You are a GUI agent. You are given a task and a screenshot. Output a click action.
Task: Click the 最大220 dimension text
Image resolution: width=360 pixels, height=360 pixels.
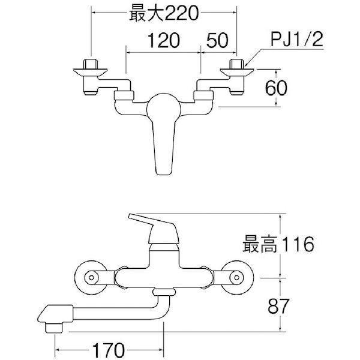click(x=164, y=13)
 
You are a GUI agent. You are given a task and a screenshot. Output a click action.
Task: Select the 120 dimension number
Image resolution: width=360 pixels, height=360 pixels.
click(x=164, y=41)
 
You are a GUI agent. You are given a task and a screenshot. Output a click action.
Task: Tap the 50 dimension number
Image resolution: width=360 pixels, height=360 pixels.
click(x=217, y=41)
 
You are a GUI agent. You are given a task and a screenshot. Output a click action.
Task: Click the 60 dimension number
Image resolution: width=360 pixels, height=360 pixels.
click(x=276, y=88)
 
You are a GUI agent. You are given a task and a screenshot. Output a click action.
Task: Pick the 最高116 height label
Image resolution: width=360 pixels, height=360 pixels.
click(x=278, y=244)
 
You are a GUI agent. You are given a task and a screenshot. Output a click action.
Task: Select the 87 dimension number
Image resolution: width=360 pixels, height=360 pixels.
click(x=278, y=307)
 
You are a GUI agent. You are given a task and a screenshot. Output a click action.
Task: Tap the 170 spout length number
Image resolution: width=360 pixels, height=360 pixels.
click(x=109, y=350)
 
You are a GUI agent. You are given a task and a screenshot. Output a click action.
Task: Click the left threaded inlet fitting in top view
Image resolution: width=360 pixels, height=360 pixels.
click(x=90, y=64)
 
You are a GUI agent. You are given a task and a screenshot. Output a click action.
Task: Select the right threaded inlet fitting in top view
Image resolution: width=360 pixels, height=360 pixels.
click(x=237, y=64)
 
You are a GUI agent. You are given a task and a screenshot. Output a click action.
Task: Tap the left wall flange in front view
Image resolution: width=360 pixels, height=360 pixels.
click(x=91, y=277)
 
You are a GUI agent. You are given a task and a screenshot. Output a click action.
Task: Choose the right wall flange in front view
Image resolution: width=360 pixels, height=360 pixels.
click(x=237, y=277)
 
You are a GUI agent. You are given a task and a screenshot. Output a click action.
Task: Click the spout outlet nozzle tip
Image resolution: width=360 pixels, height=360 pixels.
click(x=54, y=328)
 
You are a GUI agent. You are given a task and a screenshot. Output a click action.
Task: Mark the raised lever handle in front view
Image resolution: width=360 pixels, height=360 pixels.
click(x=154, y=229)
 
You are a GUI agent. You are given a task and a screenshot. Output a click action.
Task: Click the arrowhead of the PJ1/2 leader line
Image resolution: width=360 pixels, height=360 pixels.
click(x=246, y=65)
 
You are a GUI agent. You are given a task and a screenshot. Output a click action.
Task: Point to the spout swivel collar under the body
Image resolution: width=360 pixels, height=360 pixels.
click(x=164, y=292)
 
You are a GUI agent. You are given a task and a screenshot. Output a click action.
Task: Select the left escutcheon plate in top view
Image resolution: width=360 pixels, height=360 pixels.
click(x=90, y=72)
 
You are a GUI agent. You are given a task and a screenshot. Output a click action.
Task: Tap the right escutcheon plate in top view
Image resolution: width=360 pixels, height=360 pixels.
click(x=237, y=72)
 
